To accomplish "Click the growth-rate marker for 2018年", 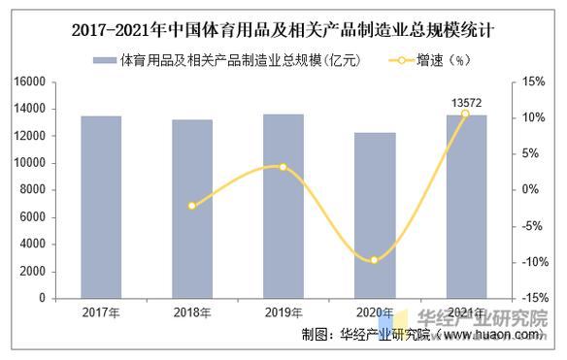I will tap(192, 206).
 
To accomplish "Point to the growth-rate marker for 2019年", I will tap(283, 167).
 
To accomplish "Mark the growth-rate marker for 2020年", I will tap(374, 260).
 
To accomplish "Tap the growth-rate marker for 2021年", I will tap(465, 115).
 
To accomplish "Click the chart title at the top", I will tap(283, 29).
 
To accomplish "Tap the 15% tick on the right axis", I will tap(532, 82).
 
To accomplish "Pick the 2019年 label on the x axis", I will tap(283, 312).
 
